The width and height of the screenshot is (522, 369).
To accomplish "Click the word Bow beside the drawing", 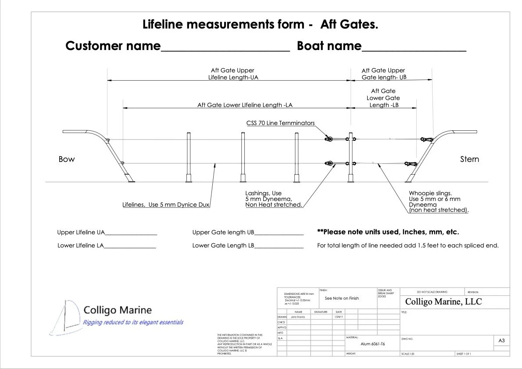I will coord(67,159).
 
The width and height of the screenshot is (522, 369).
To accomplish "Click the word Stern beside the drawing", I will coord(469,159).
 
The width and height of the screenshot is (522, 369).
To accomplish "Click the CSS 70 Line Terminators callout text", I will coord(280,123).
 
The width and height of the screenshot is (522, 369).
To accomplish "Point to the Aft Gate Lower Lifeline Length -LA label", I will coord(245,105).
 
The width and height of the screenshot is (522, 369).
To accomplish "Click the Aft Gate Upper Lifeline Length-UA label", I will coord(232,74).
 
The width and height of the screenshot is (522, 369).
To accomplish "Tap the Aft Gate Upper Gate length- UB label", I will coord(383,74).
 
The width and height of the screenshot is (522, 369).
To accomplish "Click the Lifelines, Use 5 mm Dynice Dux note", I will coord(166,205).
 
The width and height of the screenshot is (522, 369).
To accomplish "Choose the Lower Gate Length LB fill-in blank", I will coord(279,247).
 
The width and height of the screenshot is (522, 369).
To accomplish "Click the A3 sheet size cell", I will coord(502,340).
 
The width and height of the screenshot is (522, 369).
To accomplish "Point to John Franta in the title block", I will coord(298,317).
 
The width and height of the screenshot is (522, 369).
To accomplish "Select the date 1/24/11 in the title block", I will coord(338,317).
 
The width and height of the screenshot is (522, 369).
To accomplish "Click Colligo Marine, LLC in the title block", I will coord(443,302).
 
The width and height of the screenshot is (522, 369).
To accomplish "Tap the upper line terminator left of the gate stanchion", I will coord(328,140).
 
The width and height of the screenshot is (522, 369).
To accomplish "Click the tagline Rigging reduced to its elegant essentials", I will coord(133,322).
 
